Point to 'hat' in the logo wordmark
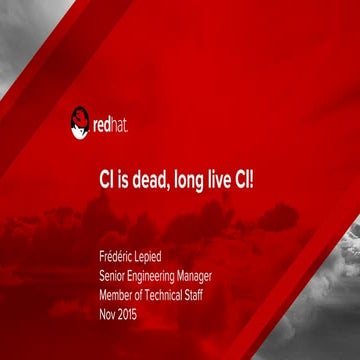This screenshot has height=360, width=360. pos(119,125)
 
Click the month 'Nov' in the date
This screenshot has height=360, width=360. pos(109,313)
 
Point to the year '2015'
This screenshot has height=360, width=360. pos(131,313)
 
